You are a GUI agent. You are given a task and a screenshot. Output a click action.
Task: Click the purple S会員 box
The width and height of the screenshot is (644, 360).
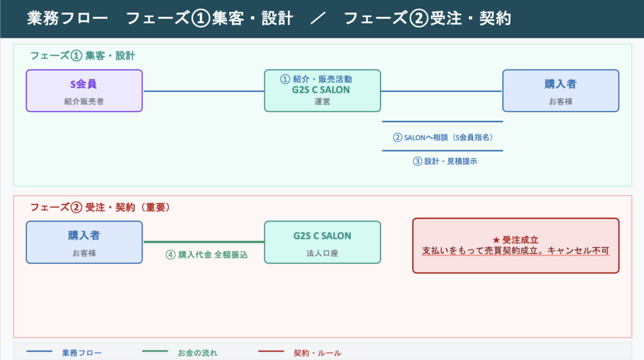coord(84,91)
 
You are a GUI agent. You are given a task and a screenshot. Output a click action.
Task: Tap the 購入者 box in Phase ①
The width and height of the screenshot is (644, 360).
coord(560,91)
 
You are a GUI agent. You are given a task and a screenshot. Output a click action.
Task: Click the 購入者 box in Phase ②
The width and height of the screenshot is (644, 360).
coord(84,242)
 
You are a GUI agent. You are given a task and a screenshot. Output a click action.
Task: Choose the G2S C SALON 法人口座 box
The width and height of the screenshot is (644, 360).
coord(322,242)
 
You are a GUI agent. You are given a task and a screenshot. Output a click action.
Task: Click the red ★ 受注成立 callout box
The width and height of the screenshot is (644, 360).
coord(516,245)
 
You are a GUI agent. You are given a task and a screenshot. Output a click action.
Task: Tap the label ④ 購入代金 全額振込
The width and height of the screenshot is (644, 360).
coord(206,255)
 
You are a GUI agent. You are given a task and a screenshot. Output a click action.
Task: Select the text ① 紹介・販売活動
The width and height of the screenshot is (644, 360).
coord(316,79)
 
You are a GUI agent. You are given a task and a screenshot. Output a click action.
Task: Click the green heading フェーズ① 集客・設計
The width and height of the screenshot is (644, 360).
coord(82,55)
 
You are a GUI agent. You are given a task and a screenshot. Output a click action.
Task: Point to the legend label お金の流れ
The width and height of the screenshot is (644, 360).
coord(198,353)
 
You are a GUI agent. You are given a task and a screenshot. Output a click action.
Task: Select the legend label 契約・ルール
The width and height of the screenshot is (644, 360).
coord(318,353)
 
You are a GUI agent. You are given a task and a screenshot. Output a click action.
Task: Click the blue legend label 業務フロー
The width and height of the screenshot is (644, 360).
coord(82,353)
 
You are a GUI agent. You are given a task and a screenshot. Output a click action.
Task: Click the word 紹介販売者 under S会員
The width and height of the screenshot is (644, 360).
coord(84,101)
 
